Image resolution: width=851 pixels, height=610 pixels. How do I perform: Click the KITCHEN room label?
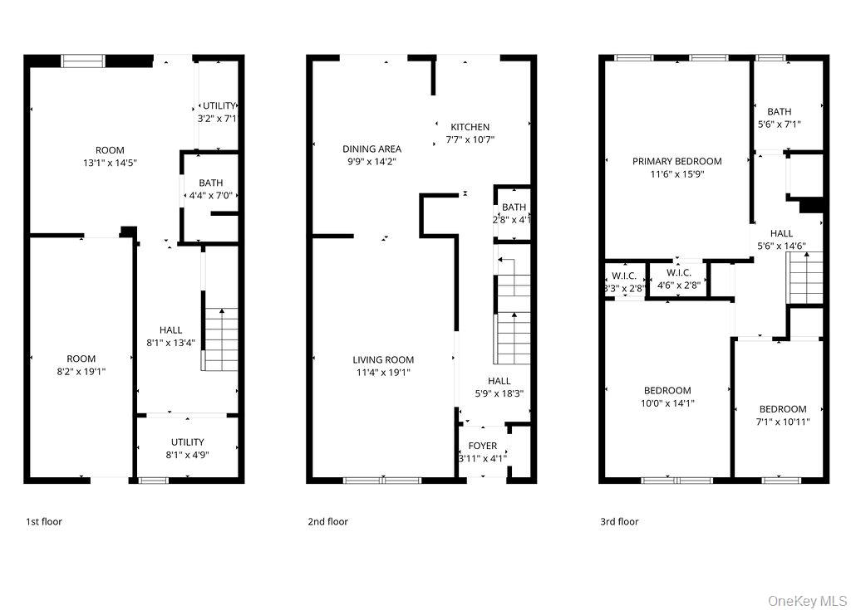(470, 127)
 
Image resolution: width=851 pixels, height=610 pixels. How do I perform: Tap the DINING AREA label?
(371, 149)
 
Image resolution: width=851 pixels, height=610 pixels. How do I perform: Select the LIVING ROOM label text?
(383, 360)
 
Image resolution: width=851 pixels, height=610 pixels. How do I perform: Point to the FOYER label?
(482, 446)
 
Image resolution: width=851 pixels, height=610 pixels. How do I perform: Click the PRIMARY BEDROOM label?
(676, 162)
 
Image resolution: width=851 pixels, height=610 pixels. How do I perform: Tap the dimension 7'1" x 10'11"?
(783, 422)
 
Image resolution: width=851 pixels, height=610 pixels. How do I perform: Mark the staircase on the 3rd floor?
(804, 277)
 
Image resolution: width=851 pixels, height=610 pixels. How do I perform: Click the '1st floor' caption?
(43, 522)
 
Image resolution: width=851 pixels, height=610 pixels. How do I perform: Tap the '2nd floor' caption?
(327, 522)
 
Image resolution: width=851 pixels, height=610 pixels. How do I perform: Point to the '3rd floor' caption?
(619, 522)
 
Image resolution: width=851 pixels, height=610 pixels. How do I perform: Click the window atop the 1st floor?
(83, 60)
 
